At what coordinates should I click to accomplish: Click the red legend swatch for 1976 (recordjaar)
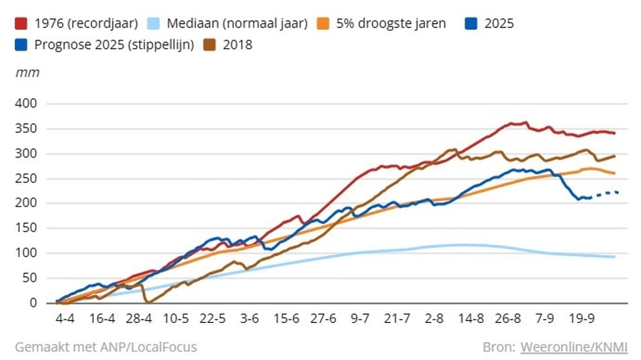coord(22,24)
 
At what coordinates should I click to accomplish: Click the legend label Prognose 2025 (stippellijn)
coord(113,44)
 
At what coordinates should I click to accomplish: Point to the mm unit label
coord(27,72)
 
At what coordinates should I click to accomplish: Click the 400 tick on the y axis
coord(27,103)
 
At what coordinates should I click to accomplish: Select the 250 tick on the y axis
coord(27,178)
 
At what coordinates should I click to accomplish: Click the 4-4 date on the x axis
coord(65,318)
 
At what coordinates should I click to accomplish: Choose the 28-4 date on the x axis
coord(139,318)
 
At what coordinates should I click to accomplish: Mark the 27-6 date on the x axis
coord(324,318)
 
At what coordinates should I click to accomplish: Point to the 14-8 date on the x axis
coord(471,318)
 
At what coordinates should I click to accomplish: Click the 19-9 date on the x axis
coord(582,318)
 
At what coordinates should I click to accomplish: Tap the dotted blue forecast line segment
coord(604,193)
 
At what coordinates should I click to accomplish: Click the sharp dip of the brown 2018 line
coord(148,301)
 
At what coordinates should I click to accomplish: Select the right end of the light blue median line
coord(614,257)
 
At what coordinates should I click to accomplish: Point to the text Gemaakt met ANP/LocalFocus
coord(106,346)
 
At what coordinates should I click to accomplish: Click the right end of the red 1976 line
coord(615,133)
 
